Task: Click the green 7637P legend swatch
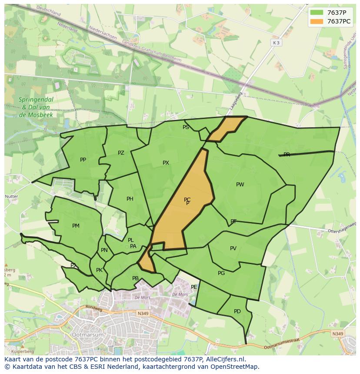(317, 12)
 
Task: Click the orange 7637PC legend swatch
(317, 21)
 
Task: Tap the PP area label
(83, 160)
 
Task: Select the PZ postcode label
(121, 153)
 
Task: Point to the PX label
(166, 163)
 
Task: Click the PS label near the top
(186, 127)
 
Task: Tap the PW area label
(240, 185)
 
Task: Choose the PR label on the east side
(287, 155)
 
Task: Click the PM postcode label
(76, 226)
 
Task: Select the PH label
(130, 199)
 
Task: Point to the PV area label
(233, 248)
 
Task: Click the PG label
(221, 273)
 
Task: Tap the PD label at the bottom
(237, 311)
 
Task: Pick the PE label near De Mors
(194, 287)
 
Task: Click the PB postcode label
(135, 278)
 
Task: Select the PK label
(99, 270)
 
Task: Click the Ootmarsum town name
(89, 335)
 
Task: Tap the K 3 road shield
(276, 43)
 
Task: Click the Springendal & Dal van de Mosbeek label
(36, 107)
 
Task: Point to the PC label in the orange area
(187, 200)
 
